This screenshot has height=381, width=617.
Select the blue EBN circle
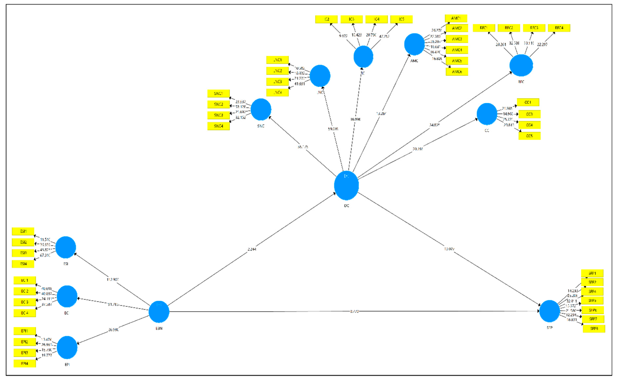click(159, 312)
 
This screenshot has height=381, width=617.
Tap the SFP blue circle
click(549, 311)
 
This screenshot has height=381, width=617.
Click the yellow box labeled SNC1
click(218, 93)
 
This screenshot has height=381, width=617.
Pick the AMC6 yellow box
click(457, 72)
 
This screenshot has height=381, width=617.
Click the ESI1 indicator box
click(23, 231)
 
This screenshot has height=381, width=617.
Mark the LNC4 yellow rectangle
click(277, 92)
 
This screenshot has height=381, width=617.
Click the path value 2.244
click(252, 249)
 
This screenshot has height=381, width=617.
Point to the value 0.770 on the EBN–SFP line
click(354, 312)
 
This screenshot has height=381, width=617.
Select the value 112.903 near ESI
click(112, 279)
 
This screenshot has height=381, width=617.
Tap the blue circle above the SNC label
click(261, 110)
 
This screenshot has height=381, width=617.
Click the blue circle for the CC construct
click(487, 114)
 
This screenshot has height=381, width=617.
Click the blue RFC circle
click(521, 65)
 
